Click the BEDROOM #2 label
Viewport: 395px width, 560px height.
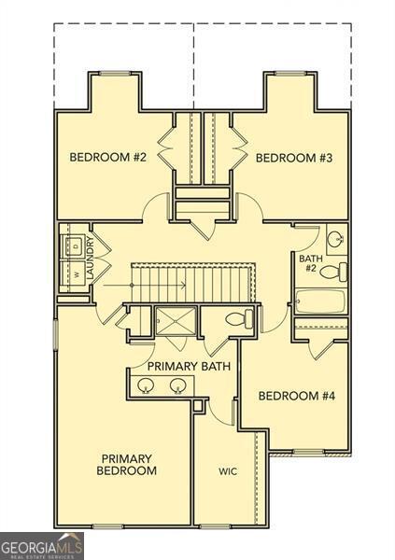[108, 157]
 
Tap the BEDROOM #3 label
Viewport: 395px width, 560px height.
[294, 157]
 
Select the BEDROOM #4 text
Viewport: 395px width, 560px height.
[295, 396]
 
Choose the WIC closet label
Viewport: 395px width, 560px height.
[228, 471]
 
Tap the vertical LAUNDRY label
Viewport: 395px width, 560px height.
[91, 259]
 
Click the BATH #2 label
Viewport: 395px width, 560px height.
[309, 263]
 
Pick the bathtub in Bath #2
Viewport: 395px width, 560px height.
[319, 301]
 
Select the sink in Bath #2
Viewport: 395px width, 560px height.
[334, 237]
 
